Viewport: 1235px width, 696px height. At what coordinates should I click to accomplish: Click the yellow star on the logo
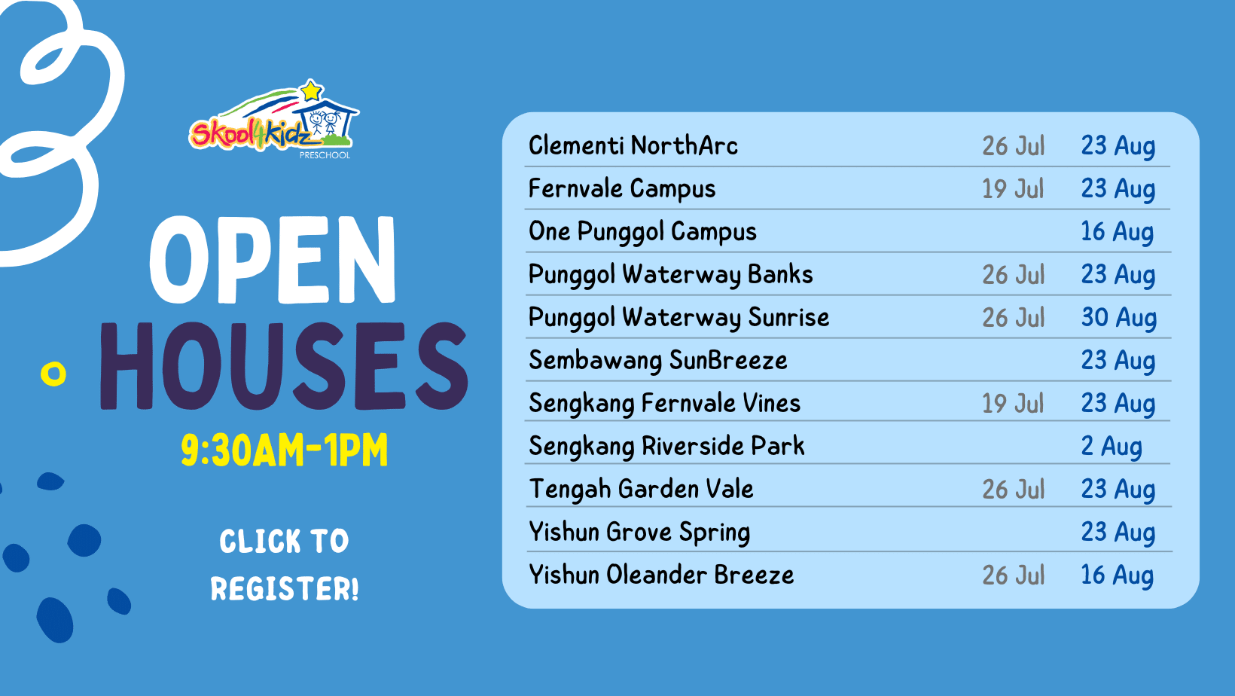pyautogui.click(x=311, y=90)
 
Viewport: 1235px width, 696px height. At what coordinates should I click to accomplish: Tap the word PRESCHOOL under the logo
pyautogui.click(x=325, y=155)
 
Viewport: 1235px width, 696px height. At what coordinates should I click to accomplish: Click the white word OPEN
pyautogui.click(x=273, y=259)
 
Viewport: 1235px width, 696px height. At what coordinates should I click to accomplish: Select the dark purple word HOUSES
pyautogui.click(x=284, y=366)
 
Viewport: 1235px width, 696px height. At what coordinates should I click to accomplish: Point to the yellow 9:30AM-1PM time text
pyautogui.click(x=285, y=450)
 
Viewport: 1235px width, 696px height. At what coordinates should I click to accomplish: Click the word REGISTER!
pyautogui.click(x=285, y=588)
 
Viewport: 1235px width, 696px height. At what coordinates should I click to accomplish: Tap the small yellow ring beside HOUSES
pyautogui.click(x=53, y=374)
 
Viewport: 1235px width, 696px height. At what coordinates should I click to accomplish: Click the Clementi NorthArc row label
pyautogui.click(x=633, y=145)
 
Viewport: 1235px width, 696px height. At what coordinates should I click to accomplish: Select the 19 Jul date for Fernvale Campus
pyautogui.click(x=1013, y=188)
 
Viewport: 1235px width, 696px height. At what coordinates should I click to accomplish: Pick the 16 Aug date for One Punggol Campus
pyautogui.click(x=1117, y=232)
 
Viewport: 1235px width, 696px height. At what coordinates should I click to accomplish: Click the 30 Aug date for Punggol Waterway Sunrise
pyautogui.click(x=1119, y=318)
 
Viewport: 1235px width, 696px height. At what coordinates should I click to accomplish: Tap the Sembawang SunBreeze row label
pyautogui.click(x=657, y=361)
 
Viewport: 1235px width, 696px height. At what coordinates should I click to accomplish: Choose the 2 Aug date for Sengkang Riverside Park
pyautogui.click(x=1111, y=446)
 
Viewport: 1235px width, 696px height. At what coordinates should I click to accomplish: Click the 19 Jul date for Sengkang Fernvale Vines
pyautogui.click(x=1013, y=403)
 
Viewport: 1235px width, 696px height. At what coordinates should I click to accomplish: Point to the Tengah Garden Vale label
pyautogui.click(x=641, y=489)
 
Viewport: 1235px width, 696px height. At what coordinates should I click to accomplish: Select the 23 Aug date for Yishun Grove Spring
pyautogui.click(x=1118, y=533)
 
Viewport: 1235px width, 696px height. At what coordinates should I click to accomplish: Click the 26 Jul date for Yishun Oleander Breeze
pyautogui.click(x=1014, y=575)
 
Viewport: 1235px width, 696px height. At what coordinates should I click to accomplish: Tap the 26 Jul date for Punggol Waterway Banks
pyautogui.click(x=1014, y=275)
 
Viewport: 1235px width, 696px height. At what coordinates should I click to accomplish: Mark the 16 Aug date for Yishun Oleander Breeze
pyautogui.click(x=1117, y=575)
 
